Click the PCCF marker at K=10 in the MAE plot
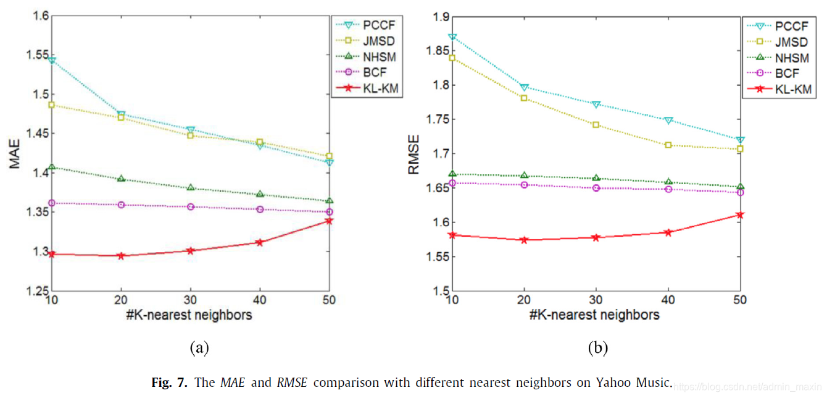pyautogui.click(x=52, y=60)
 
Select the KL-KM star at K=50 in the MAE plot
pyautogui.click(x=329, y=220)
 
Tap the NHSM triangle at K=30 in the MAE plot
pyautogui.click(x=191, y=187)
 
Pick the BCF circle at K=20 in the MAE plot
pyautogui.click(x=122, y=205)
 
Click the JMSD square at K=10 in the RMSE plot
pyautogui.click(x=452, y=58)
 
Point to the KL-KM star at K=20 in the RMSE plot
pyautogui.click(x=524, y=240)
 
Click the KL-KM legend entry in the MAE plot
pyautogui.click(x=368, y=89)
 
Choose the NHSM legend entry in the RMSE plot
pyautogui.click(x=779, y=58)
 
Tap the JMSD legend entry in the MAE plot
pyautogui.click(x=368, y=41)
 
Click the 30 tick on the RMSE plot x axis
pyautogui.click(x=596, y=300)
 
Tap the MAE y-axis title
pyautogui.click(x=15, y=154)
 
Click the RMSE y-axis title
pyautogui.click(x=415, y=154)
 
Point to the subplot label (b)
pyautogui.click(x=597, y=348)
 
